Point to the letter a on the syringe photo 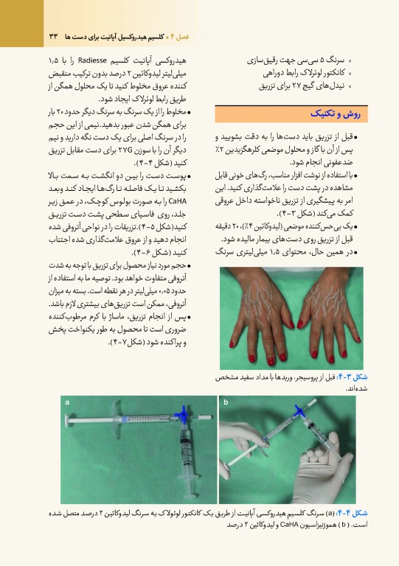pyautogui.click(x=67, y=402)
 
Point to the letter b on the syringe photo pyautogui.click(x=226, y=402)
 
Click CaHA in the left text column pyautogui.click(x=177, y=201)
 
